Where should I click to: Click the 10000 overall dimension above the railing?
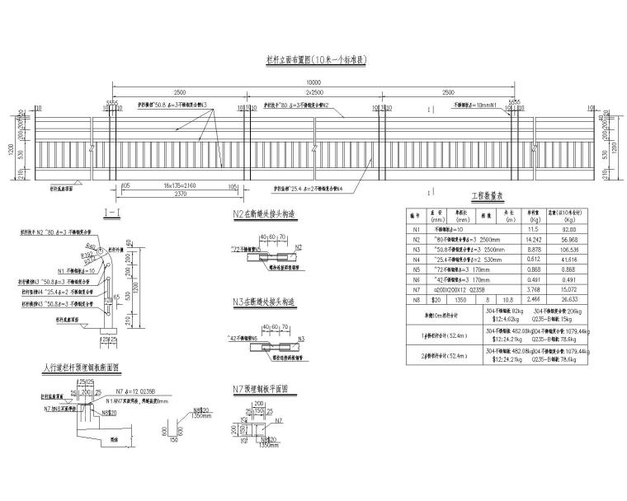(313, 82)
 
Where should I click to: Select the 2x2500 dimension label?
(313, 93)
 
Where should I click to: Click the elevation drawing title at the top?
(313, 60)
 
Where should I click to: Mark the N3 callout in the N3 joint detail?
(302, 338)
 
